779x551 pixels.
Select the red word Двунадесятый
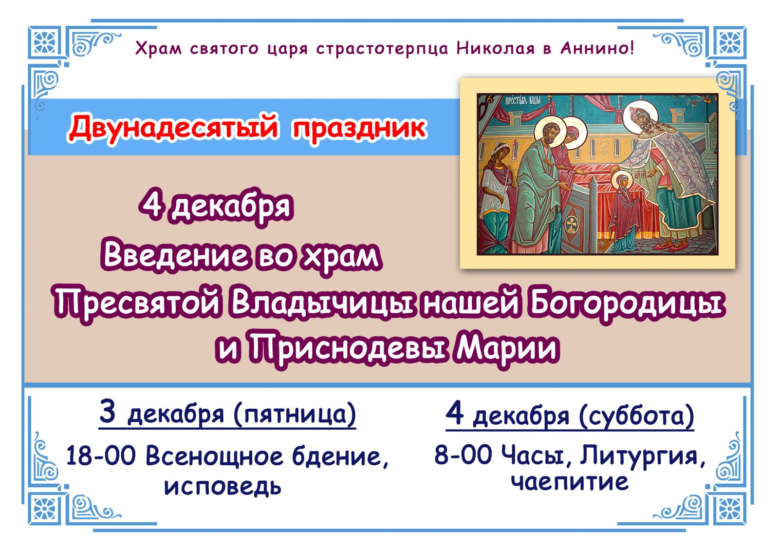tap(174, 128)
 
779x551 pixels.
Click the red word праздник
tap(359, 128)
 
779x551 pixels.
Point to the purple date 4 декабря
tap(216, 206)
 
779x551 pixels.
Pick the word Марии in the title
tap(506, 348)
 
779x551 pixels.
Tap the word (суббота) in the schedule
tap(636, 416)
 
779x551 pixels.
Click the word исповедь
tap(223, 486)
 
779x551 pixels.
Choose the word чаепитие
tap(570, 481)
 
